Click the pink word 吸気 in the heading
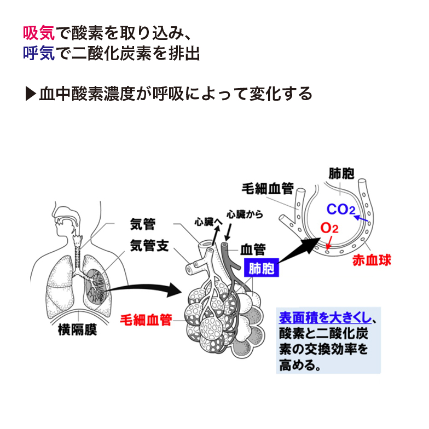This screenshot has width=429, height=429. click(x=39, y=34)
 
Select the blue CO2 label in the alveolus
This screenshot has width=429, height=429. click(x=341, y=210)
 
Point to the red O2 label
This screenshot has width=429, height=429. click(x=330, y=228)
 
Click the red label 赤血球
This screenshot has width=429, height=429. click(x=372, y=259)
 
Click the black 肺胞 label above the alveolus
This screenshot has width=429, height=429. click(x=341, y=174)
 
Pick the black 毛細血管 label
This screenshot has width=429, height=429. click(x=268, y=189)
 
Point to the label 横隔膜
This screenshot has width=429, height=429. click(x=78, y=329)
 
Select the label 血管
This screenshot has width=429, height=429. click(x=253, y=250)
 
